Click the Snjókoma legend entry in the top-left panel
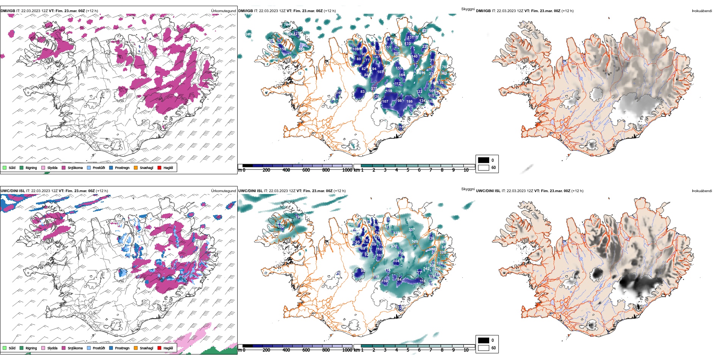point(75,168)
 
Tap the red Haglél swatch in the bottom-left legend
point(160,348)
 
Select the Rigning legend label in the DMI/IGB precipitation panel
point(31,168)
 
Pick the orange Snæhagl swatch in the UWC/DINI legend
point(136,348)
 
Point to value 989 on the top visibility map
point(249,34)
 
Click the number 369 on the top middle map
point(444,73)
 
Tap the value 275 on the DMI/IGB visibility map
point(374,89)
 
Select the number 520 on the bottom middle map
point(415,241)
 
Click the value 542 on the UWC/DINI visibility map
point(426,269)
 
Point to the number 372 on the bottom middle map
point(394,246)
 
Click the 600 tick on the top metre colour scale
point(306,170)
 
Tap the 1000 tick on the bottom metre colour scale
point(347,350)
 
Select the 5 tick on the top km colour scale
point(408,170)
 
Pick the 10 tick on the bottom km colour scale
point(466,350)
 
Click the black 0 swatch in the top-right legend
point(484,160)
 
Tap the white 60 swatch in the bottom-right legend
point(484,347)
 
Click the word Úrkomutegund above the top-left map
point(223,11)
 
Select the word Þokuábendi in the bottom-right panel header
point(702,191)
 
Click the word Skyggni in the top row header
point(468,9)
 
